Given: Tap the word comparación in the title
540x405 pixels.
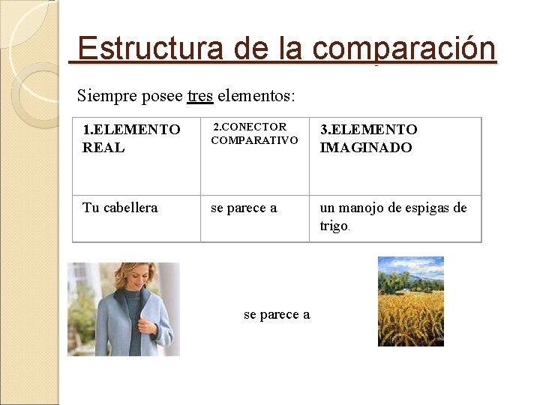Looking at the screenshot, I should [x=404, y=49].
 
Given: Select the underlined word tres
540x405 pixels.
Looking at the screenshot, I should [x=200, y=96].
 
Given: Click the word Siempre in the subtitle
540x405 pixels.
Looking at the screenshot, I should [x=103, y=96].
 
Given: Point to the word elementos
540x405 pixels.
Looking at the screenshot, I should [x=256, y=96].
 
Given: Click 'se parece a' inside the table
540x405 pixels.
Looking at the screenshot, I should [x=244, y=208].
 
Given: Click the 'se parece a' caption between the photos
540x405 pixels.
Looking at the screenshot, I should [x=277, y=315].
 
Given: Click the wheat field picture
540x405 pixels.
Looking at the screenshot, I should [x=410, y=301].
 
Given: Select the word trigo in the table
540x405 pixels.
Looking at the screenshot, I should [x=333, y=226].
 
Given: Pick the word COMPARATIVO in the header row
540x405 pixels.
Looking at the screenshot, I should [x=254, y=140].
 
